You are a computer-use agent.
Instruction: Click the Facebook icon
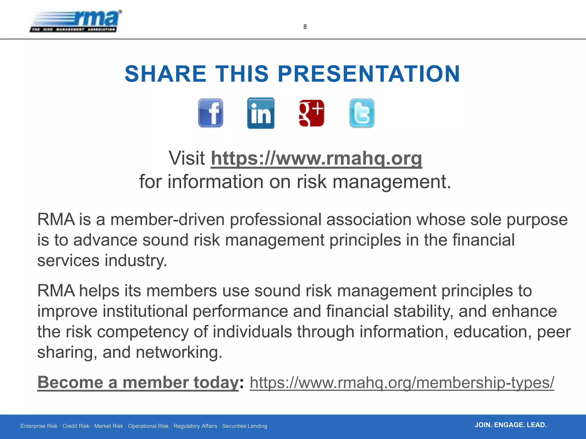[x=211, y=113]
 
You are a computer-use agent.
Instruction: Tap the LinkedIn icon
[x=261, y=113]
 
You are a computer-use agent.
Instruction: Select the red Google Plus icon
[x=311, y=113]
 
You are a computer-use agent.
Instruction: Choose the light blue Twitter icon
[x=362, y=113]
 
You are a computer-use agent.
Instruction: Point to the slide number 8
[x=305, y=27]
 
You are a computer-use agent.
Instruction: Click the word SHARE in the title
[x=165, y=74]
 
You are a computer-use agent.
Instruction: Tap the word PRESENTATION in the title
[x=369, y=74]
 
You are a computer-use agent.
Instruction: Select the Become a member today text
[x=138, y=382]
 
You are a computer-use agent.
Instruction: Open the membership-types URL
[x=402, y=382]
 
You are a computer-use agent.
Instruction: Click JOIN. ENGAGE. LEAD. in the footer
[x=510, y=425]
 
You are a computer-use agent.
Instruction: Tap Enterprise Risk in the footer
[x=39, y=426]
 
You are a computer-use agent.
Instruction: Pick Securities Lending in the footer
[x=244, y=426]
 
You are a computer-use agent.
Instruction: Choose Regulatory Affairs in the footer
[x=195, y=426]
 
